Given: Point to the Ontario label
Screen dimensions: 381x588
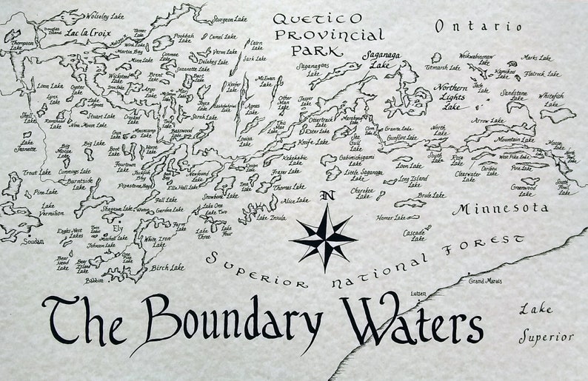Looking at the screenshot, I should [x=478, y=26].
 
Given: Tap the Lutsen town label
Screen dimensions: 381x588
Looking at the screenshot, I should [x=419, y=294].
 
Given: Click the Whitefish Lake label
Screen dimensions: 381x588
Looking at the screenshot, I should [x=550, y=100].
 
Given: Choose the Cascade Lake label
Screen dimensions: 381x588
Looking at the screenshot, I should [x=415, y=235].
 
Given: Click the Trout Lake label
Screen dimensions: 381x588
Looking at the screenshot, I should [x=36, y=172].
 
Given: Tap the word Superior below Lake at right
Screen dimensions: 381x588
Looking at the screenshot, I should [x=544, y=338].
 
